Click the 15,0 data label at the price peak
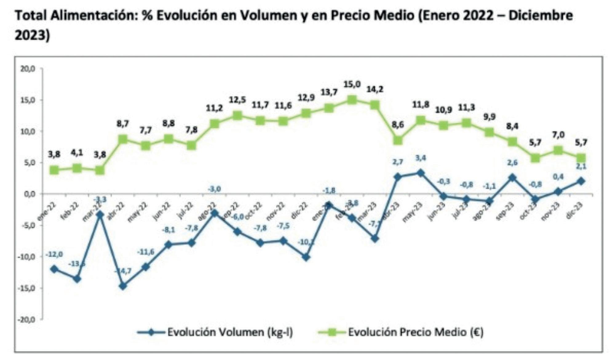coord(352,84)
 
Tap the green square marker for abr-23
coord(398,140)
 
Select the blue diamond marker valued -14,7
coord(123,286)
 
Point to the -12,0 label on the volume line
coord(54,254)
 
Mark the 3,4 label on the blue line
coord(420,158)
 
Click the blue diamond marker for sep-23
coord(512,178)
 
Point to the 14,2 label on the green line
coord(375,89)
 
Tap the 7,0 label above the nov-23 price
coord(558,135)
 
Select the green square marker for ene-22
coord(54,170)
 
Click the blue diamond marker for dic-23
coord(581,181)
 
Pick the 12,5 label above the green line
coord(237,100)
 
